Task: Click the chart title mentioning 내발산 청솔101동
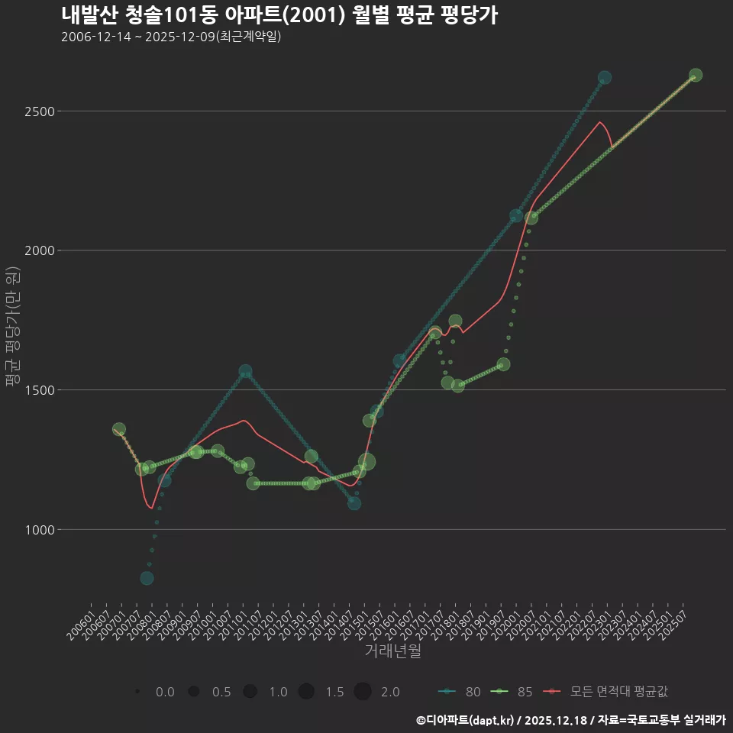pyautogui.click(x=279, y=15)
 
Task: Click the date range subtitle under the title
pyautogui.click(x=171, y=37)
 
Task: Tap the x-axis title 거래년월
pyautogui.click(x=392, y=651)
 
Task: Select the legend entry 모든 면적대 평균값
pyautogui.click(x=608, y=692)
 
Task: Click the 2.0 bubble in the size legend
pyautogui.click(x=363, y=692)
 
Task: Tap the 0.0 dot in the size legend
pyautogui.click(x=137, y=692)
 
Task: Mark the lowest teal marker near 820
pyautogui.click(x=147, y=578)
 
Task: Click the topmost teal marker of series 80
pyautogui.click(x=605, y=78)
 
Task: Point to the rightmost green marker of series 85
pyautogui.click(x=696, y=75)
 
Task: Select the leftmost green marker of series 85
pyautogui.click(x=118, y=429)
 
